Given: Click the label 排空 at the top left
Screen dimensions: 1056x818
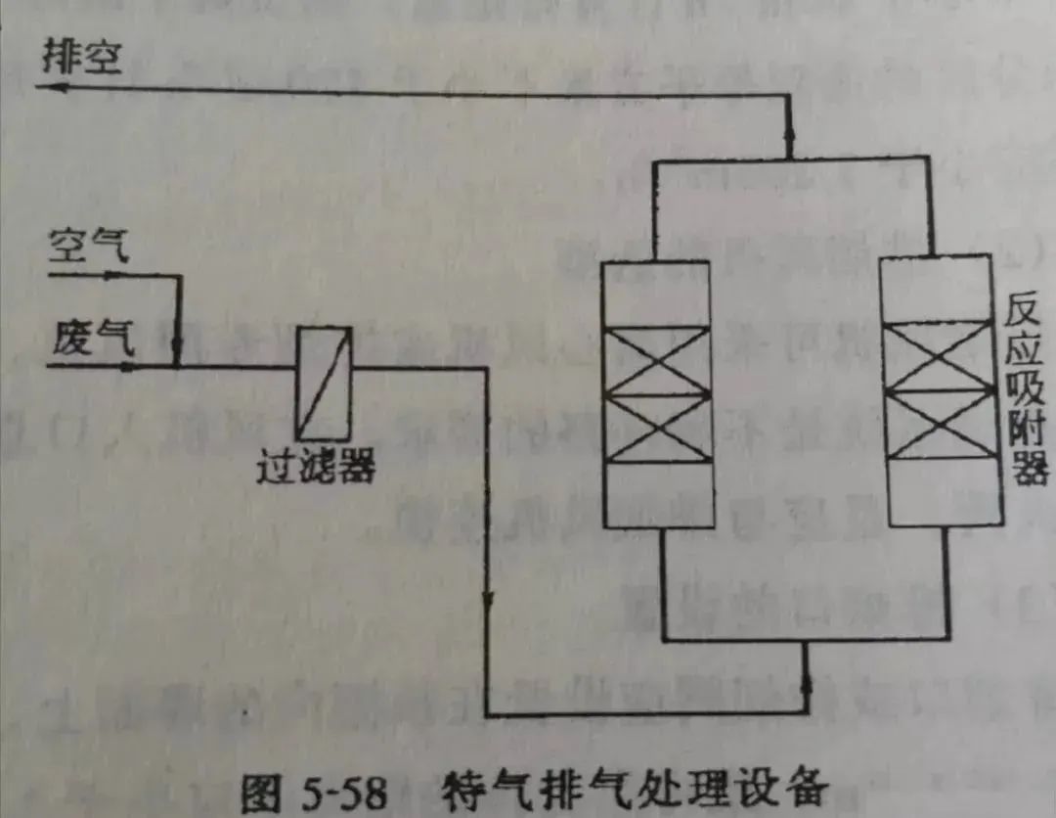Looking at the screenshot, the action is click(81, 56).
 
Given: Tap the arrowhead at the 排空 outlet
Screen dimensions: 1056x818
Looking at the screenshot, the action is click(51, 87).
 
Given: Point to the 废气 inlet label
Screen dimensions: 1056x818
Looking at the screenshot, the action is click(94, 338).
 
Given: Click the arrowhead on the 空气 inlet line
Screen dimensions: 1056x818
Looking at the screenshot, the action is click(114, 275).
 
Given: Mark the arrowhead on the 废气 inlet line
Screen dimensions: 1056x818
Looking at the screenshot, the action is click(126, 367).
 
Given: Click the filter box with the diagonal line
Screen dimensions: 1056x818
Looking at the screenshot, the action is click(324, 384).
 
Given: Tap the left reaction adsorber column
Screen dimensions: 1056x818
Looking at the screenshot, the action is click(657, 394).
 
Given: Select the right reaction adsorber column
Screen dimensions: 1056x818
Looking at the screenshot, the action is click(941, 390).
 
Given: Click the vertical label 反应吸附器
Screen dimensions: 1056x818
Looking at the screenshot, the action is click(1026, 389).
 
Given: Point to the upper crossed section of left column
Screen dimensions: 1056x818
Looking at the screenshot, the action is click(657, 360).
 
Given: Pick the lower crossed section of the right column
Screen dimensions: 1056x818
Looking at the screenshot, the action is click(941, 425).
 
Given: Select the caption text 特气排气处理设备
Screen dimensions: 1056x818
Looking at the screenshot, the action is click(634, 789).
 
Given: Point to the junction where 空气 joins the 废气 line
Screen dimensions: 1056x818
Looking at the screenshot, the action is click(179, 367).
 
